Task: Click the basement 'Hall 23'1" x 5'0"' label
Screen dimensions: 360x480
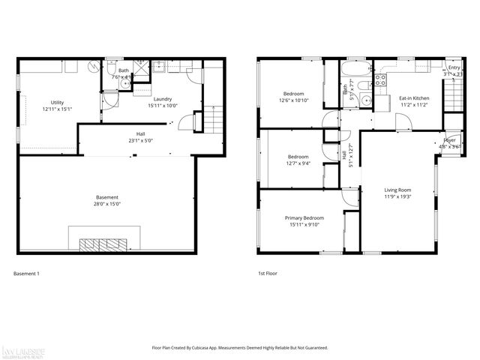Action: [x=139, y=136]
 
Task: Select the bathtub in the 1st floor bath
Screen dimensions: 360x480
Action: [x=351, y=72]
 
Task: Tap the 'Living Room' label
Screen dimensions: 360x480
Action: [x=398, y=193]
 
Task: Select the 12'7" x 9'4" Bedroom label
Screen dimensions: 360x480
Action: [x=298, y=160]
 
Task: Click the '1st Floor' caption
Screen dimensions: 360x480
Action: [x=267, y=274]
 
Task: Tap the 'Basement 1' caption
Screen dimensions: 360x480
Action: [x=26, y=274]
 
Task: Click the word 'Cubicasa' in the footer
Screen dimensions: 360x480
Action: [x=214, y=348]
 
